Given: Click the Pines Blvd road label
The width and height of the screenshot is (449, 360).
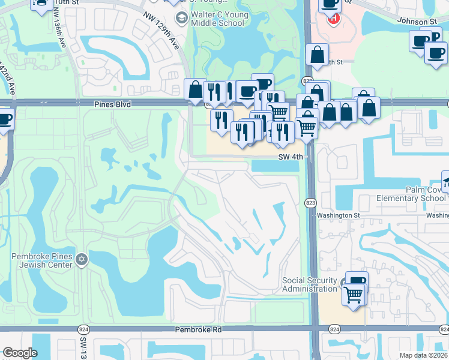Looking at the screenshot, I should click(112, 104).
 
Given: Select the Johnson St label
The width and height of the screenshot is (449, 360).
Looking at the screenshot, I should click(417, 21).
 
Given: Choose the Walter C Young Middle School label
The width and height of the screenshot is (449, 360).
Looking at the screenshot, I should click(217, 19).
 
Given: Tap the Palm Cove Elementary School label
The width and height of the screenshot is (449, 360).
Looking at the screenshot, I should click(411, 194).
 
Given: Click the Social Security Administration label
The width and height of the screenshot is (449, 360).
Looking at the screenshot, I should click(310, 284).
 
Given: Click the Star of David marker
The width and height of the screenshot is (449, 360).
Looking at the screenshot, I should click(82, 260).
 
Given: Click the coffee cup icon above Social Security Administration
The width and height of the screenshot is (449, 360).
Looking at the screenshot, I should click(358, 280).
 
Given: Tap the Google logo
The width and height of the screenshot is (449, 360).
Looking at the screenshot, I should click(20, 353).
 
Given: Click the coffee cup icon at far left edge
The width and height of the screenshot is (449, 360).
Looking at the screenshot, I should click(4, 118).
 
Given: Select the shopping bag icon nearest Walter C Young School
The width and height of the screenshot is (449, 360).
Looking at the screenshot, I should click(195, 90).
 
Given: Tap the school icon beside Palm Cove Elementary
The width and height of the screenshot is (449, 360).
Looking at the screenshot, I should click(445, 180).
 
